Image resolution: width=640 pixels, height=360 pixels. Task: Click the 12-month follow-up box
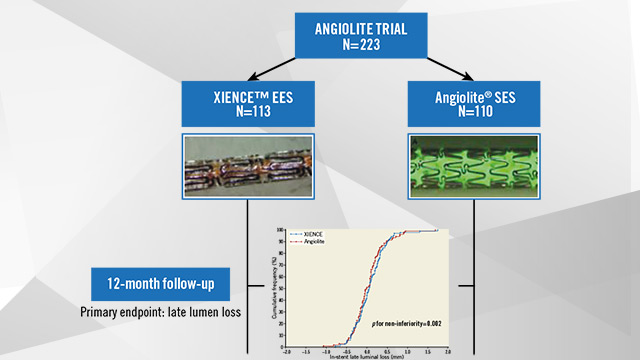(x=162, y=284)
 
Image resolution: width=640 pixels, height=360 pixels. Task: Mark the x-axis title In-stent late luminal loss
(x=366, y=357)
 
